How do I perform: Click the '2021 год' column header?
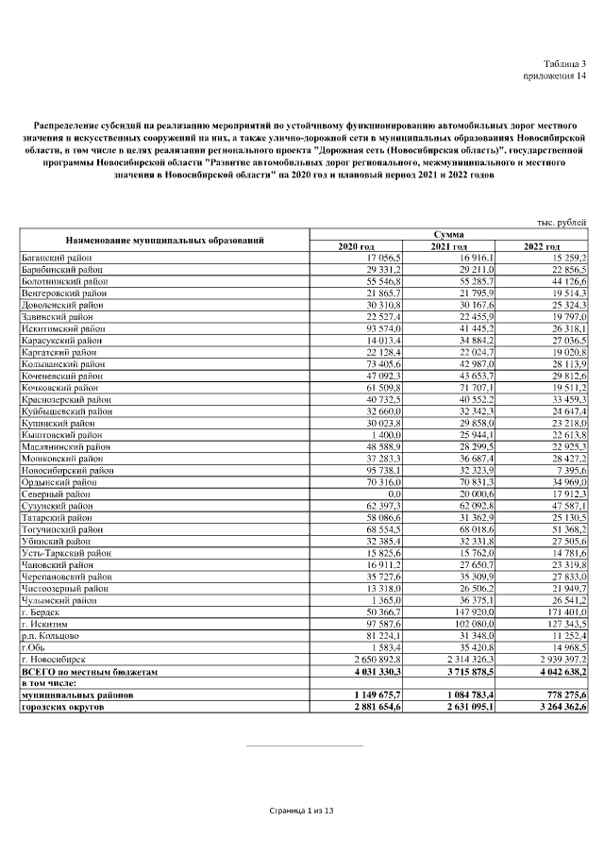tap(449, 246)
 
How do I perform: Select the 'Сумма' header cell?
tap(448, 234)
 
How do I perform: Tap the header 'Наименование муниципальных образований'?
tap(163, 241)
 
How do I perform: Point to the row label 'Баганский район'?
tap(56, 257)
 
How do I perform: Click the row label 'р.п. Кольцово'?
tap(51, 636)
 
